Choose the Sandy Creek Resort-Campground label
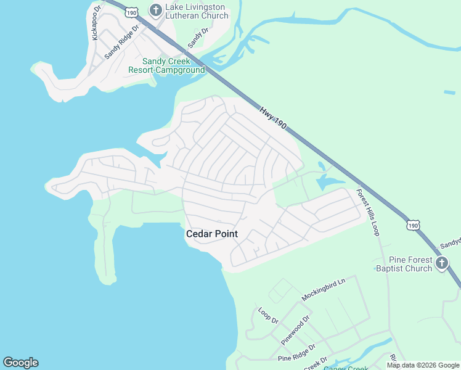pyautogui.click(x=166, y=65)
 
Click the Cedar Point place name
pyautogui.click(x=211, y=234)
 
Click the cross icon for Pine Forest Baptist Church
pyautogui.click(x=441, y=264)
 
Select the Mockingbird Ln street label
pyautogui.click(x=324, y=289)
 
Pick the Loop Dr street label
pyautogui.click(x=269, y=316)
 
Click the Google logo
pyautogui.click(x=20, y=363)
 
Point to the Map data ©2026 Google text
pyautogui.click(x=423, y=365)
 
